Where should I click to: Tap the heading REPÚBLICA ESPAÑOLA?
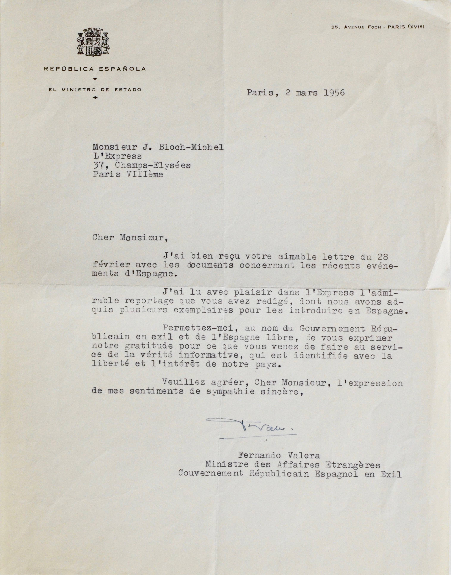pos(95,69)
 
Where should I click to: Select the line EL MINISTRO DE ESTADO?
pos(95,89)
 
